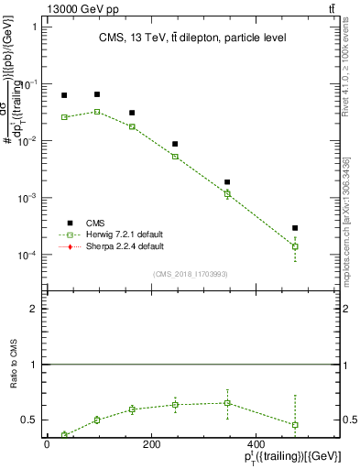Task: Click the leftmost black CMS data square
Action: click(64, 95)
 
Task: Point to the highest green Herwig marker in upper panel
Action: click(97, 112)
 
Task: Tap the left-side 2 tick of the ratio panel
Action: click(33, 310)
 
